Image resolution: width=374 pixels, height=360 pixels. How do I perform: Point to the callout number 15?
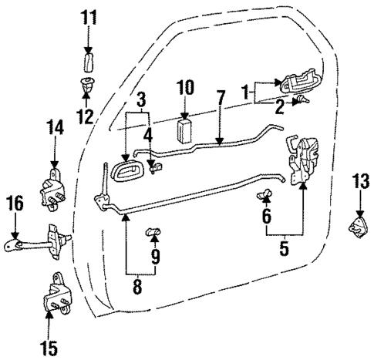point(49,348)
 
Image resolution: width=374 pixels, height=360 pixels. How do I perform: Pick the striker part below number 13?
point(359,229)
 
